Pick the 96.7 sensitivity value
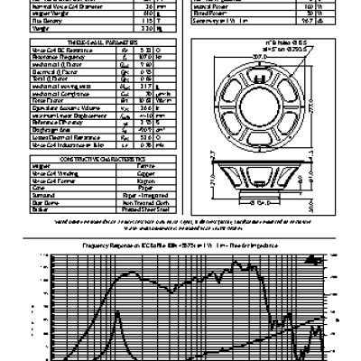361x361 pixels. (287, 22)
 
